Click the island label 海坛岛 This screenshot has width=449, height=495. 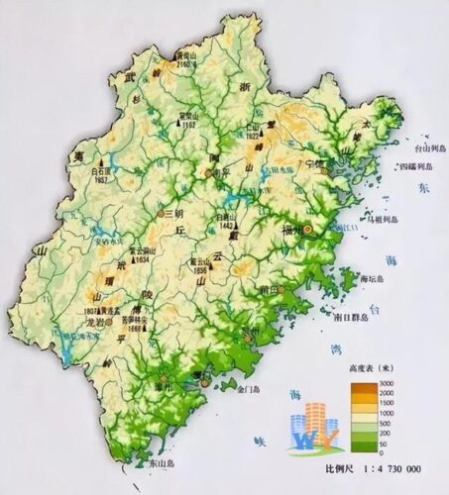[x=369, y=280]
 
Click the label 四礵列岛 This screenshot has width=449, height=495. [x=414, y=166]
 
